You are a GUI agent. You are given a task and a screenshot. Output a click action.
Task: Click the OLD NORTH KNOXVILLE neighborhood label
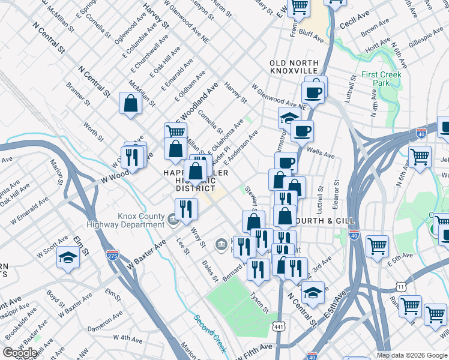click(x=288, y=67)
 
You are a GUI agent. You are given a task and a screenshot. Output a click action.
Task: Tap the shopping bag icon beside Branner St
click(x=130, y=104)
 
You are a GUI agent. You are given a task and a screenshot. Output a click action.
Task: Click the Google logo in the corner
click(x=20, y=353)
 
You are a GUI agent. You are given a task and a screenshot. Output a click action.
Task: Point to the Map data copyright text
click(x=412, y=355)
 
